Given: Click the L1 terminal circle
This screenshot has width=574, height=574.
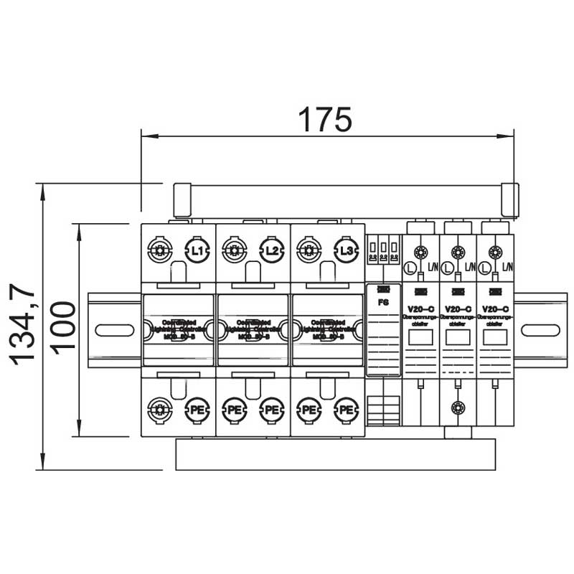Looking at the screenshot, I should click(x=197, y=250).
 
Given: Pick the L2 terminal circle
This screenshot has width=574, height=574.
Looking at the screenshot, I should click(x=271, y=250).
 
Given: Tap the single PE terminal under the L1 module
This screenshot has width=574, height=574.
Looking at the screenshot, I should click(x=197, y=410).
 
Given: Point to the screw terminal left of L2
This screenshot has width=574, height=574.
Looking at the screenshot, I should click(x=234, y=250).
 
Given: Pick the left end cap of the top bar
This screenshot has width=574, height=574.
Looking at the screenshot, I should click(x=182, y=199).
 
